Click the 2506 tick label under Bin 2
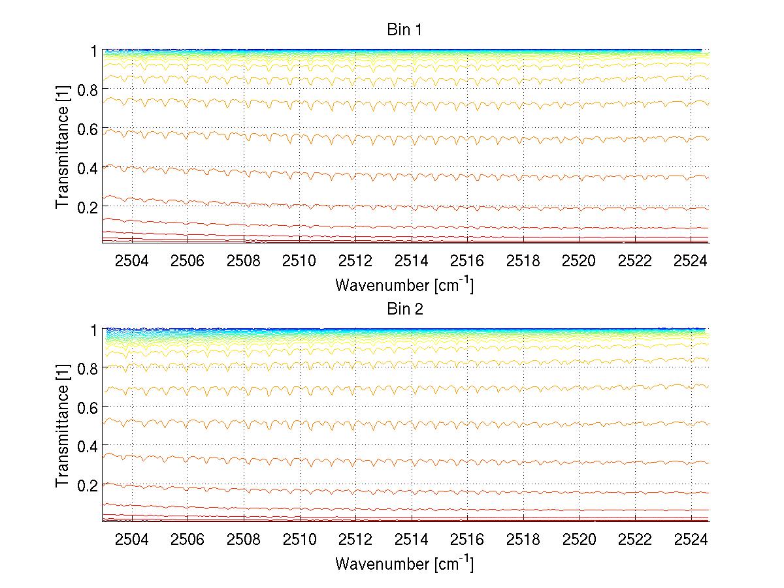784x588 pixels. pyautogui.click(x=188, y=540)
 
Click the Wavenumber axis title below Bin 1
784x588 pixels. pyautogui.click(x=404, y=285)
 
